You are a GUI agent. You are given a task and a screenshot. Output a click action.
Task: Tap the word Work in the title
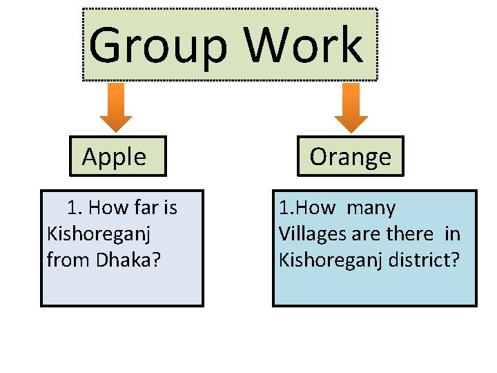coord(304,46)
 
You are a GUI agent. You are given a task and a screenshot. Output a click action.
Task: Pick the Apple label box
coord(115,157)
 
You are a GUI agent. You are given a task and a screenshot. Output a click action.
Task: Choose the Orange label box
coord(351,157)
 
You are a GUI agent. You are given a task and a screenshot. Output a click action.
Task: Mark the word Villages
coord(313,234)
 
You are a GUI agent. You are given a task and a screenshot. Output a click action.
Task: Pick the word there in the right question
coord(409,234)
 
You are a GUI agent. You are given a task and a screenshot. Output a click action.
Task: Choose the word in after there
coord(452,234)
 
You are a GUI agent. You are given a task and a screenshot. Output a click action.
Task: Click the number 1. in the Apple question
coord(75,207)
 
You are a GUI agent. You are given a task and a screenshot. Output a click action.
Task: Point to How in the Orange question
coord(311,207)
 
